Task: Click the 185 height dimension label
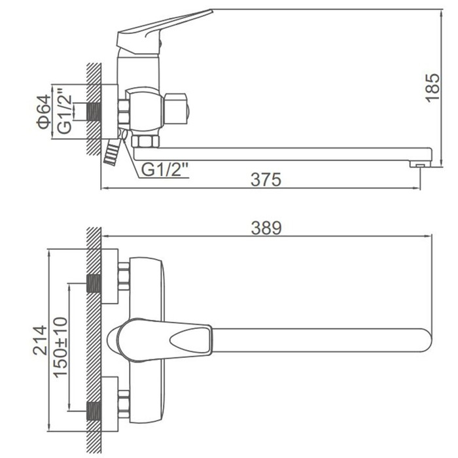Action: pyautogui.click(x=433, y=88)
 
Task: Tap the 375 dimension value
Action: pyautogui.click(x=266, y=179)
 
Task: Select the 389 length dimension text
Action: pyautogui.click(x=266, y=228)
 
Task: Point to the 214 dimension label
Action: pyautogui.click(x=40, y=340)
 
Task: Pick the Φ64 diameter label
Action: pyautogui.click(x=44, y=112)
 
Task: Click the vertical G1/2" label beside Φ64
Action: pyautogui.click(x=64, y=111)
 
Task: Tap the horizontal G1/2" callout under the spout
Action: pyautogui.click(x=165, y=169)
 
